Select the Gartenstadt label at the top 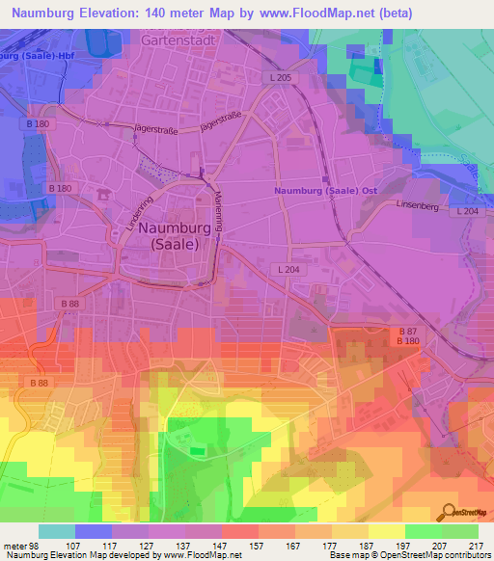point(176,41)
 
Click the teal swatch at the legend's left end point(57,531)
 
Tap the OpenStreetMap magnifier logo point(450,512)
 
